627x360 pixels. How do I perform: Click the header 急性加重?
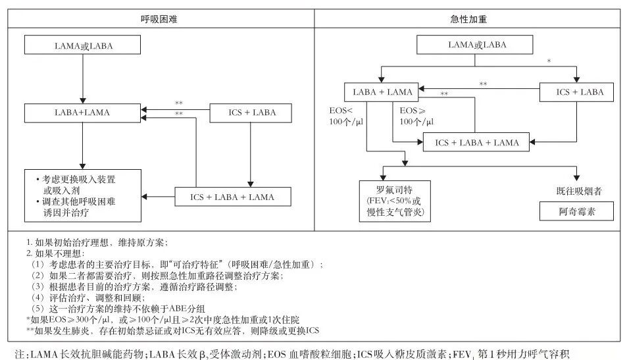pos(468,20)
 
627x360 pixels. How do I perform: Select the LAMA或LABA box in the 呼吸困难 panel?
pos(82,45)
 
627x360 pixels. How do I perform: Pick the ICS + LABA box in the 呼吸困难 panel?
pos(251,113)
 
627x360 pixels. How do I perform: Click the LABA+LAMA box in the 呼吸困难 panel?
pos(83,113)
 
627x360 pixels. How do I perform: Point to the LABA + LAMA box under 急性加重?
pos(382,92)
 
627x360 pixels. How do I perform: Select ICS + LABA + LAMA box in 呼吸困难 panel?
pos(232,197)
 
